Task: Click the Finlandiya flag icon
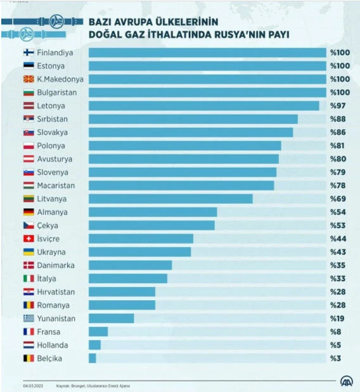pos(29,53)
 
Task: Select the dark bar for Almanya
pos(152,212)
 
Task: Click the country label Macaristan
pos(56,186)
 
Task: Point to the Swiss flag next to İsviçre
pos(29,239)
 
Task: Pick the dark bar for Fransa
pos(98,331)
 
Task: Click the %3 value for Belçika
pos(335,358)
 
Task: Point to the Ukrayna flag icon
pos(29,252)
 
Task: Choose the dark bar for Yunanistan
pos(111,318)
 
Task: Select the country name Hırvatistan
pos(56,292)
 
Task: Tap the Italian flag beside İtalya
pos(29,279)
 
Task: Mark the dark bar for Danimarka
pos(130,265)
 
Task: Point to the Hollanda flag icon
pos(29,345)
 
